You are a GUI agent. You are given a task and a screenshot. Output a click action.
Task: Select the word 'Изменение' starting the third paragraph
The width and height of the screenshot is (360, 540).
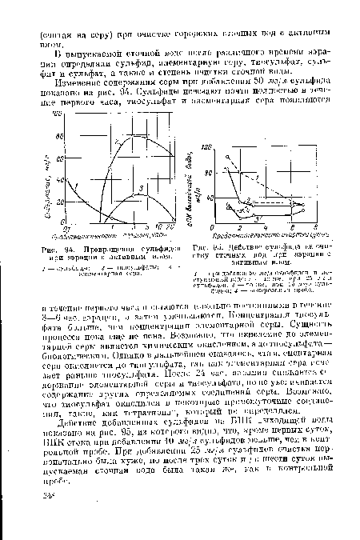click(x=78, y=74)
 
